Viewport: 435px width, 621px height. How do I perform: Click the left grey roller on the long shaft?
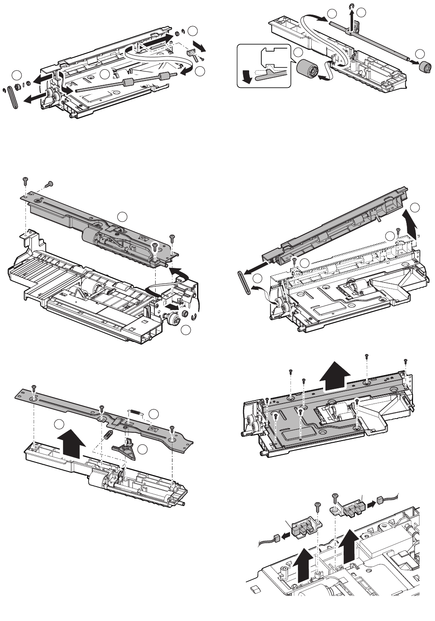pyautogui.click(x=127, y=83)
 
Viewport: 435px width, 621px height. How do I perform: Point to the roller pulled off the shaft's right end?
pyautogui.click(x=426, y=67)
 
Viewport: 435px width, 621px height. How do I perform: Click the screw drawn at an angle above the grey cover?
pyautogui.click(x=49, y=184)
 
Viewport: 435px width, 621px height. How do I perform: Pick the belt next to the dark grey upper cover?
pyautogui.click(x=244, y=283)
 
